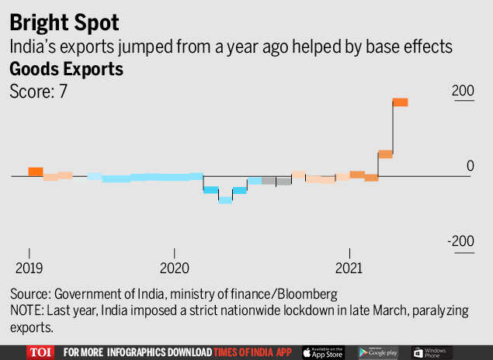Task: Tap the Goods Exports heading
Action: click(x=66, y=68)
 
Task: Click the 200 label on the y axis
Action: click(x=463, y=91)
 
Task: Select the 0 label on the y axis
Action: click(x=470, y=165)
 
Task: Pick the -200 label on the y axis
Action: click(x=460, y=241)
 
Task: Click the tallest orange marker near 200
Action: click(x=400, y=102)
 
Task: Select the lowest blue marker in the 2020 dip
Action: click(x=225, y=199)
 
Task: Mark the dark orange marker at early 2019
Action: click(x=36, y=171)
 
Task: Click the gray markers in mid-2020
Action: click(x=276, y=181)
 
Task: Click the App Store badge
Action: click(x=322, y=352)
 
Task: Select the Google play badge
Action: click(x=378, y=352)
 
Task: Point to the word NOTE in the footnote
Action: click(x=26, y=310)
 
